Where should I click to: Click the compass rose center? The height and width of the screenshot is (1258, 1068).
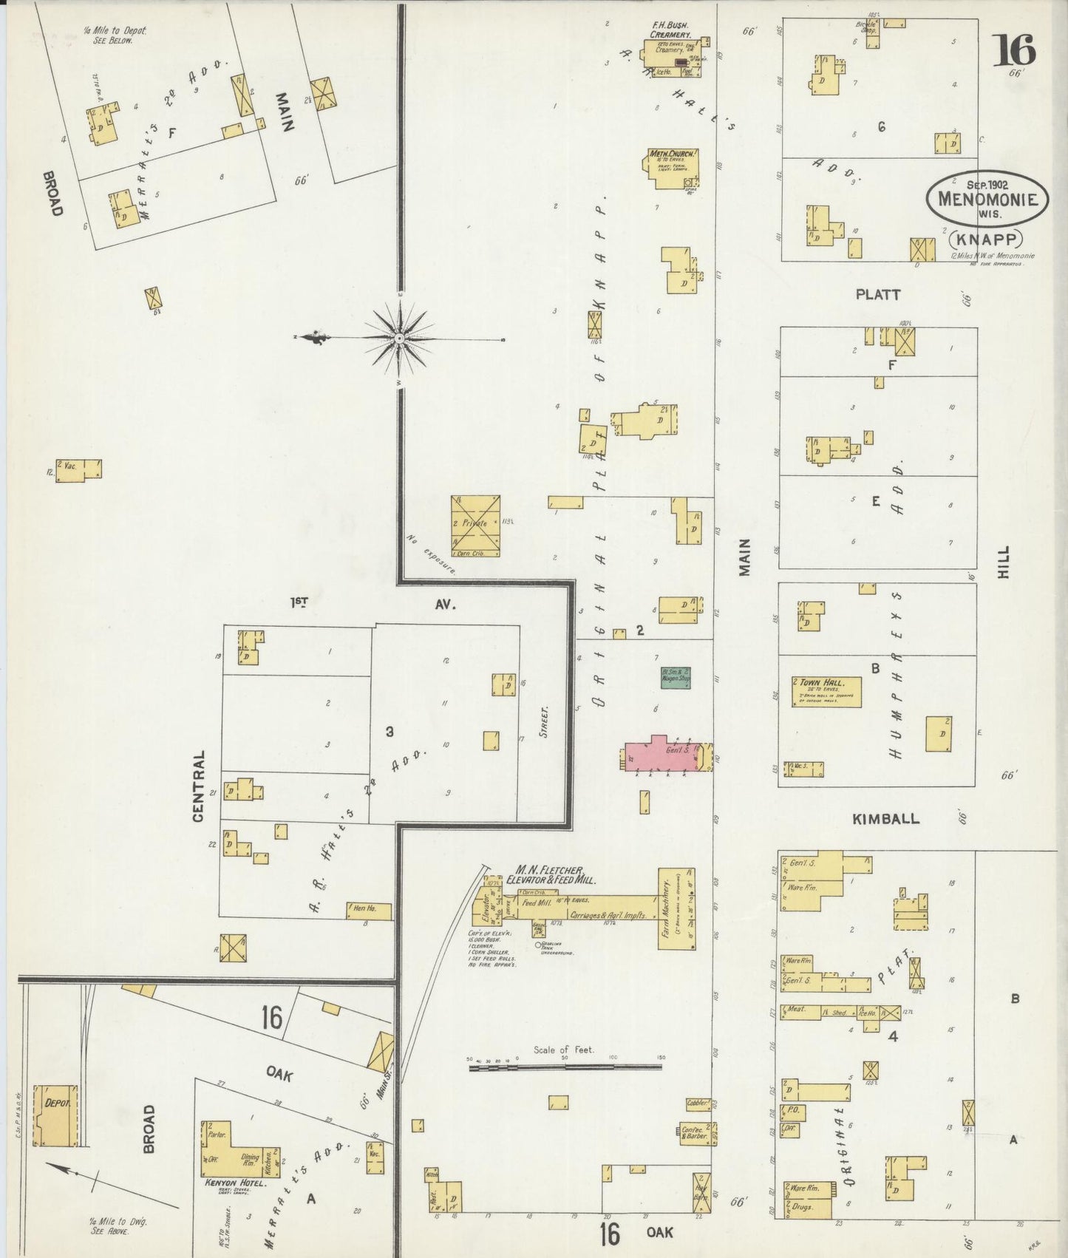click(399, 338)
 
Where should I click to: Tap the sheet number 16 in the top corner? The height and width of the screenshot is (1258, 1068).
click(1014, 51)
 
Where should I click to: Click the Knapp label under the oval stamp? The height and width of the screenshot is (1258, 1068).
click(986, 239)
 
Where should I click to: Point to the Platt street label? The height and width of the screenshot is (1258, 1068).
click(878, 294)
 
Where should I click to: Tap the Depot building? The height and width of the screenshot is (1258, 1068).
click(55, 1115)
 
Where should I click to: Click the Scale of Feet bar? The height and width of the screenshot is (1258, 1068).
click(565, 1067)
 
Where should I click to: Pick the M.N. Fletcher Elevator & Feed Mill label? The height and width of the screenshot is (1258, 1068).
click(551, 874)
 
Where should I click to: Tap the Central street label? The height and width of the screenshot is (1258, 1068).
click(198, 786)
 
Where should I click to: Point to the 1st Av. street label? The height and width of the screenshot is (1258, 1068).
click(370, 603)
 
